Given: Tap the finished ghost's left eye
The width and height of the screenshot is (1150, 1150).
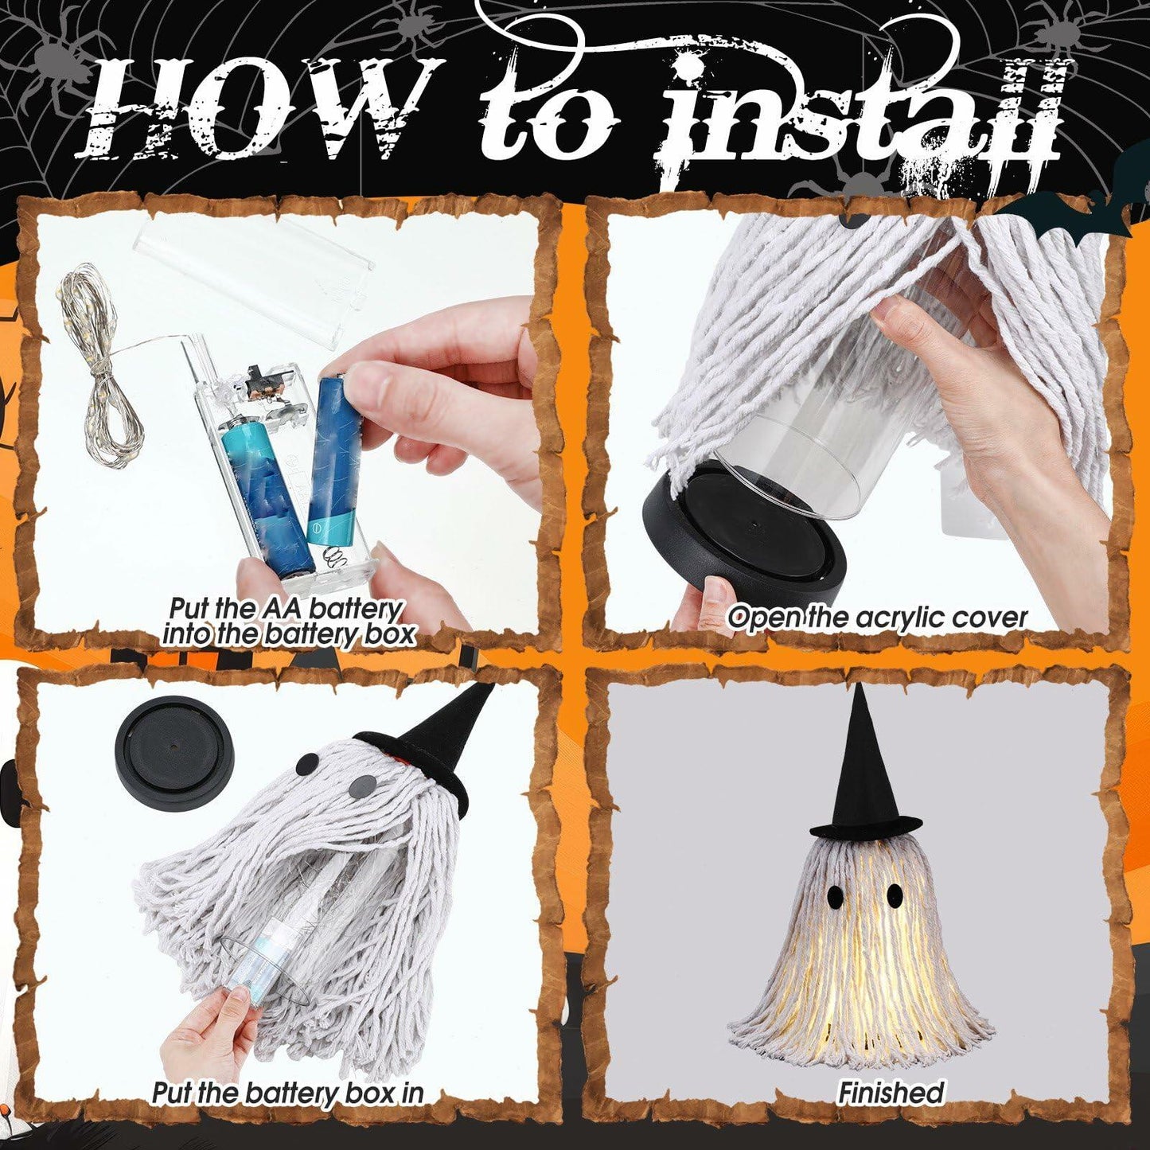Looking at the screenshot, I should [x=834, y=896].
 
